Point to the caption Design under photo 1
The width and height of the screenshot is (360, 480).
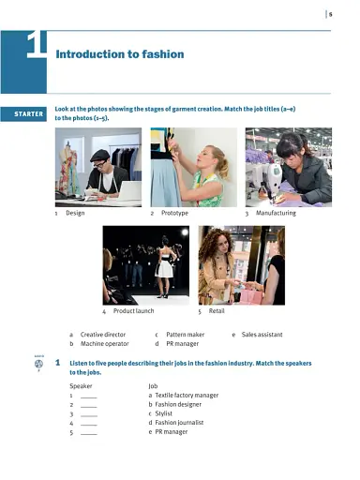(x=75, y=213)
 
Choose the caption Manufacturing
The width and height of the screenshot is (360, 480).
(x=276, y=213)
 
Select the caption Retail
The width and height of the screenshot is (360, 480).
(x=217, y=310)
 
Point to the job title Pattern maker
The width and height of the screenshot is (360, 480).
(x=185, y=335)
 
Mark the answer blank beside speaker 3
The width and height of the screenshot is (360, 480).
(x=89, y=413)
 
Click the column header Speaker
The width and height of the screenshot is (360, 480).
(x=82, y=385)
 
